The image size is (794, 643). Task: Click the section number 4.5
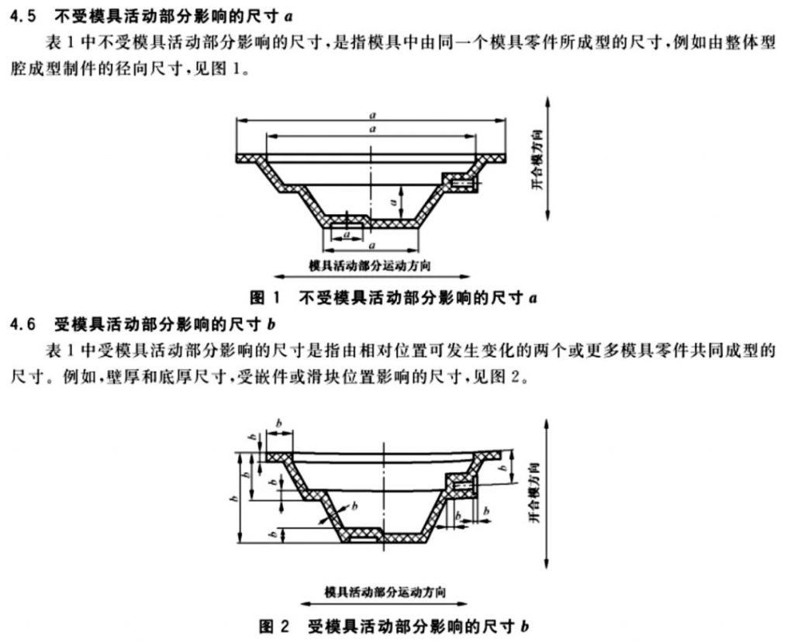[22, 16]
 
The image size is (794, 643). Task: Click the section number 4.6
[22, 324]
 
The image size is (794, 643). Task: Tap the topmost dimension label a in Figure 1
[372, 116]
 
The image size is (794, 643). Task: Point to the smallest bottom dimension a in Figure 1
[347, 234]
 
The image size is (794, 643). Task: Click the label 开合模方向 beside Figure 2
[535, 493]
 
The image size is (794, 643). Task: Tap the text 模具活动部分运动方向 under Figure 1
[370, 265]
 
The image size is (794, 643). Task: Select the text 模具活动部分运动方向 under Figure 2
[385, 591]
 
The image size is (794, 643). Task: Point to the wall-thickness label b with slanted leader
[354, 505]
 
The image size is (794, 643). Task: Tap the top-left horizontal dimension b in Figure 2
[278, 423]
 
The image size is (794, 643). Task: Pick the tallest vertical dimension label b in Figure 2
[233, 499]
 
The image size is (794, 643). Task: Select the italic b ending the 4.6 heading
[271, 324]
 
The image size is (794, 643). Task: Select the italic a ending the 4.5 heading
[288, 17]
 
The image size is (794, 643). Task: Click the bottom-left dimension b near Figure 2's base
[274, 534]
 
